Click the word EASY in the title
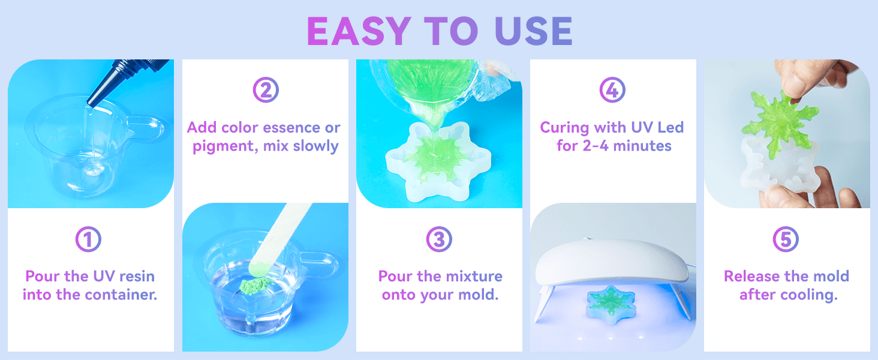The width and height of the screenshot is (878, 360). point(359,31)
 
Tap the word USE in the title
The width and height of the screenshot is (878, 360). point(534,31)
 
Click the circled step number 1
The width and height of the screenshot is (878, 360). point(88,239)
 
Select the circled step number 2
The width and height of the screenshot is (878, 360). point(266,90)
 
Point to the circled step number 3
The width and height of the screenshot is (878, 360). point(439,239)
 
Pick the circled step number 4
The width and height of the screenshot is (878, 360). point(612,90)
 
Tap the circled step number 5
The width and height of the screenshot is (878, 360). point(786,239)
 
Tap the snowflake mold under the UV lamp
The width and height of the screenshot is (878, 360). point(611,305)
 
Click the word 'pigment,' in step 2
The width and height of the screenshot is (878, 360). point(225,146)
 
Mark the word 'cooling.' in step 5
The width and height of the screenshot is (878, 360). point(809,295)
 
